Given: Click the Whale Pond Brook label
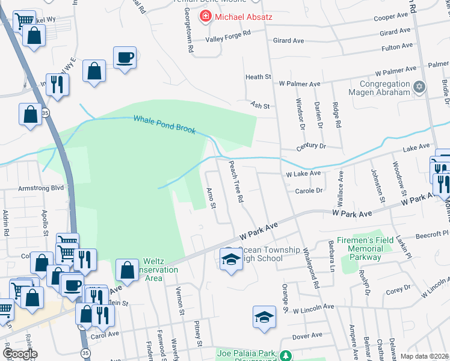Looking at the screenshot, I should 164,124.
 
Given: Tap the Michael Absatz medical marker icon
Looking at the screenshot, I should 206,16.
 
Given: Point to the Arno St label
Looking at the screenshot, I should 211,199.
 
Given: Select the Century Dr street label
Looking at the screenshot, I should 310,147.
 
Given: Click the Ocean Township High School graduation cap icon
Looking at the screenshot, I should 230,259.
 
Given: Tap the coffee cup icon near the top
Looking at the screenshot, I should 125,58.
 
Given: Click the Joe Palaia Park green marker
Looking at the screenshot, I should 287,356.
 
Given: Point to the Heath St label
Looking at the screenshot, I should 259,77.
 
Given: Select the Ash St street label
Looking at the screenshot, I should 259,106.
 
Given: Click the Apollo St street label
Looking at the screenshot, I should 45,222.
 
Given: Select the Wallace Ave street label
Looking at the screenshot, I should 341,184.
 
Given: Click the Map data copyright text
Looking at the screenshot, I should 424,357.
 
